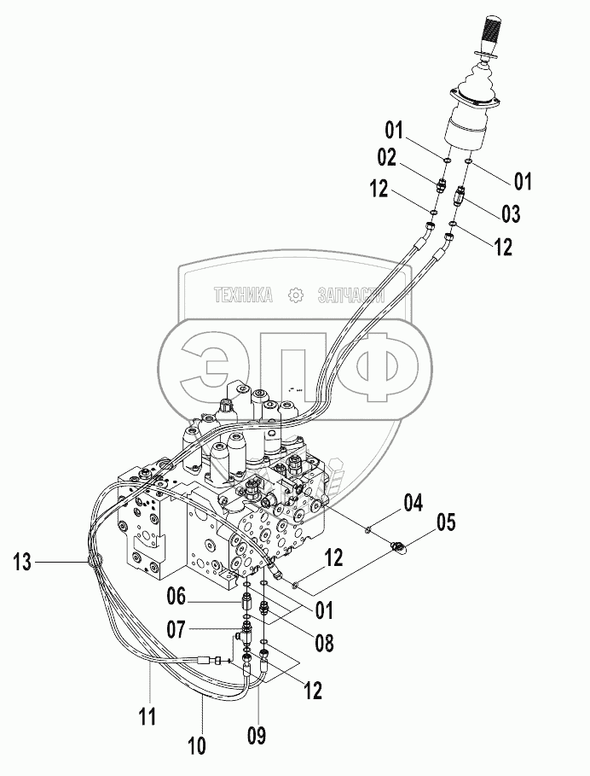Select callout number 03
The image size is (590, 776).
(510, 212)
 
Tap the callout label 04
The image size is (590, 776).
(414, 503)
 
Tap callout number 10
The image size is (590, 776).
(197, 745)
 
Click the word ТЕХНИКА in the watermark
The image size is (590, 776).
(243, 295)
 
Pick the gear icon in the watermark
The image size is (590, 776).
(296, 295)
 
